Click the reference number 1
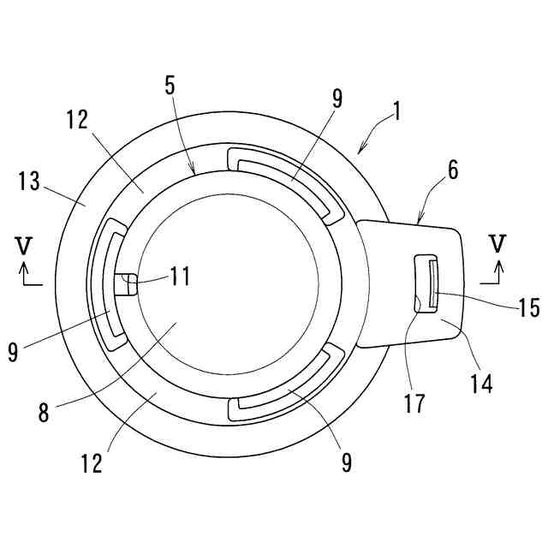398,110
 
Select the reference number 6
453,170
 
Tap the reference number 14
482,384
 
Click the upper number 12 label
76,119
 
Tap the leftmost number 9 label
12,352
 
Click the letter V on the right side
496,242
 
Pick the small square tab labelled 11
125,283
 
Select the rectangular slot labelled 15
426,283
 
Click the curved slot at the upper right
283,176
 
